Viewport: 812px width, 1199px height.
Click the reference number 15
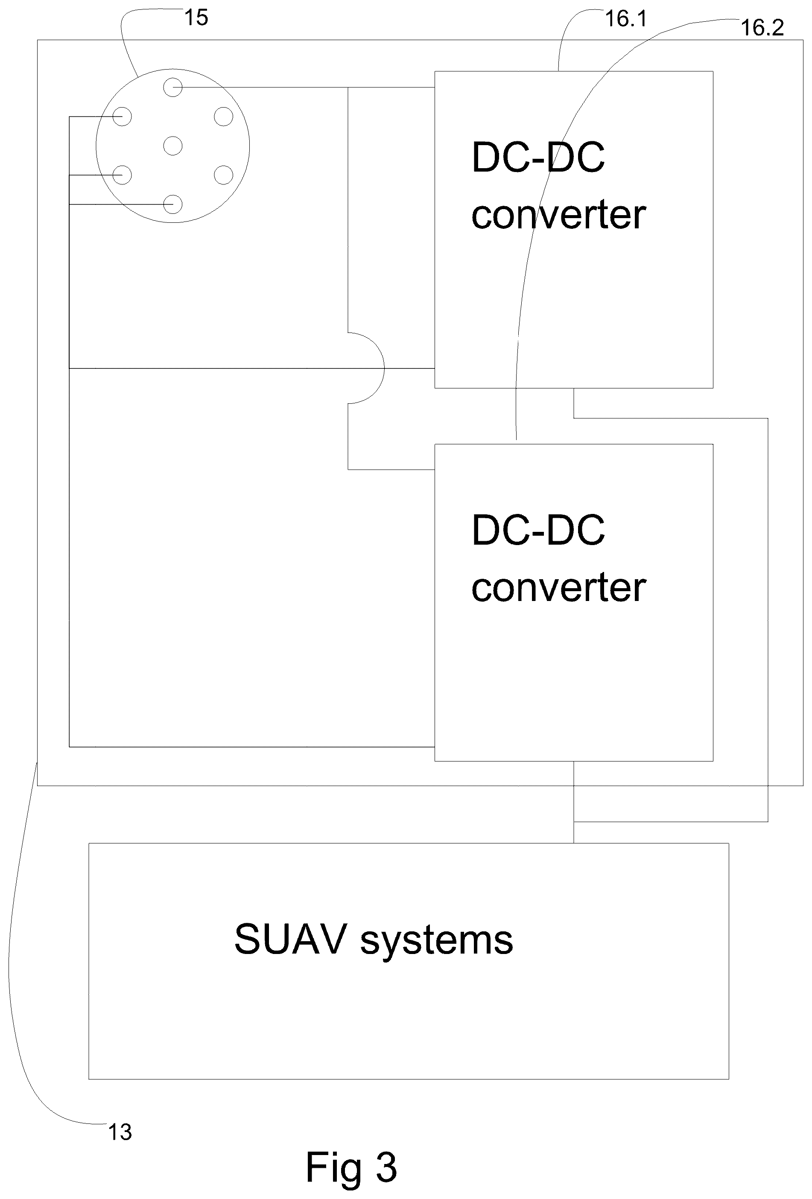coord(196,18)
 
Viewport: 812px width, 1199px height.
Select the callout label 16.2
coord(762,27)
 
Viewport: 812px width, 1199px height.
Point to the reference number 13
coord(120,1132)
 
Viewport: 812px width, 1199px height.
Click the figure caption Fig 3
coord(351,1167)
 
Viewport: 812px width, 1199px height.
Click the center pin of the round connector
coord(173,146)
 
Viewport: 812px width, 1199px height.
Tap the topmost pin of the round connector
coord(173,87)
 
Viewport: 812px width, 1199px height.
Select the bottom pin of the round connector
coord(173,204)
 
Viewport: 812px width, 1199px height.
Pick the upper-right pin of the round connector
coord(223,117)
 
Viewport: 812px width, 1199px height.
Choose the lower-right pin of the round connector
coord(223,175)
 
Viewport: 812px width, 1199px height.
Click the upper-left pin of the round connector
coord(122,117)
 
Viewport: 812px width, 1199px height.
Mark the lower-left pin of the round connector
coord(122,175)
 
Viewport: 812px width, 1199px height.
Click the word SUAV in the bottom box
coord(290,939)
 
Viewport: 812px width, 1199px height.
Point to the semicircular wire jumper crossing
coord(384,368)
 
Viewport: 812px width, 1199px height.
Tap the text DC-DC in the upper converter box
coord(538,158)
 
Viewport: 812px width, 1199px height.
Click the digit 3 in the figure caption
coord(386,1167)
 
